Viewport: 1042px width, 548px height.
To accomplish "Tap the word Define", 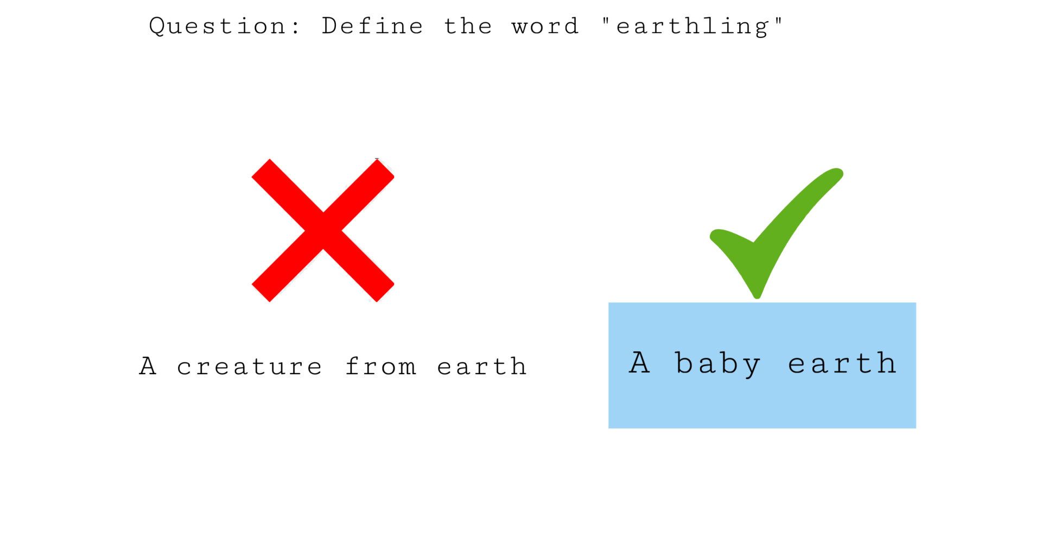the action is (372, 26).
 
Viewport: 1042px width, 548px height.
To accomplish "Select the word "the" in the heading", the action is (468, 26).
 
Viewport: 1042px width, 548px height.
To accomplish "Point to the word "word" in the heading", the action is (545, 26).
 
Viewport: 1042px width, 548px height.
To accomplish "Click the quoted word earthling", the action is (692, 27).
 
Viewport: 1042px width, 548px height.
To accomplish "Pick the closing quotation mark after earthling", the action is (778, 21).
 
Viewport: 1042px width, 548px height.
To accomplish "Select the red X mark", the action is (323, 230).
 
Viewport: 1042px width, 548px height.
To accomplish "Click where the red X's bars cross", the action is (323, 230).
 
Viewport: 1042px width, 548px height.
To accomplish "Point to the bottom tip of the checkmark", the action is (757, 298).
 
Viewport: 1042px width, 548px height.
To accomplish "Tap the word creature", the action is (249, 367).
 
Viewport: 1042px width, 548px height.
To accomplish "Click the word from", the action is (380, 366).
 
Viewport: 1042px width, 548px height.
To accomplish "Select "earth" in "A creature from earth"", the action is (481, 366).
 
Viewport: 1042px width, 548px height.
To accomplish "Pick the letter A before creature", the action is (148, 366).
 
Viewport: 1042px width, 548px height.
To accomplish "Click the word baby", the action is (717, 363).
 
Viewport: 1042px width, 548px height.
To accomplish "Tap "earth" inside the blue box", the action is (842, 362).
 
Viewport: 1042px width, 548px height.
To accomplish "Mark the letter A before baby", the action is (639, 362).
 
